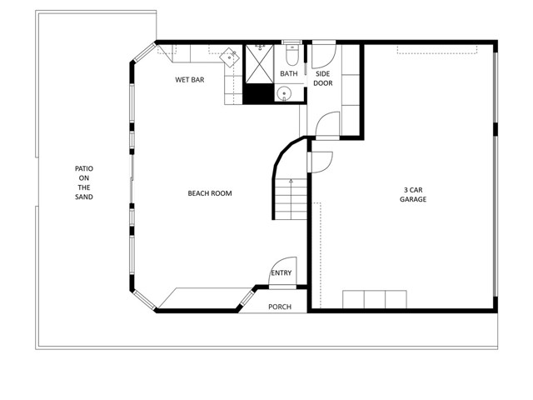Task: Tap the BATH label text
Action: click(x=288, y=74)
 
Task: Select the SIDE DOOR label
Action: click(x=323, y=78)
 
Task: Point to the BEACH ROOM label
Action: click(x=209, y=193)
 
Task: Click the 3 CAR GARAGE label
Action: click(x=413, y=194)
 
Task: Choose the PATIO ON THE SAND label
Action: click(x=83, y=182)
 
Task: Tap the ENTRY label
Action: click(x=281, y=272)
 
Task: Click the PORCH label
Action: click(x=280, y=307)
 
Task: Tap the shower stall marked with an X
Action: click(x=260, y=62)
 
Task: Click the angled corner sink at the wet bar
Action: click(x=229, y=57)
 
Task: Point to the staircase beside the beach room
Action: click(x=291, y=200)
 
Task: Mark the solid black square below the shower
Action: click(x=260, y=93)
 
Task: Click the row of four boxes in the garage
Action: click(x=375, y=300)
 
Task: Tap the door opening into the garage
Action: click(x=321, y=161)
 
